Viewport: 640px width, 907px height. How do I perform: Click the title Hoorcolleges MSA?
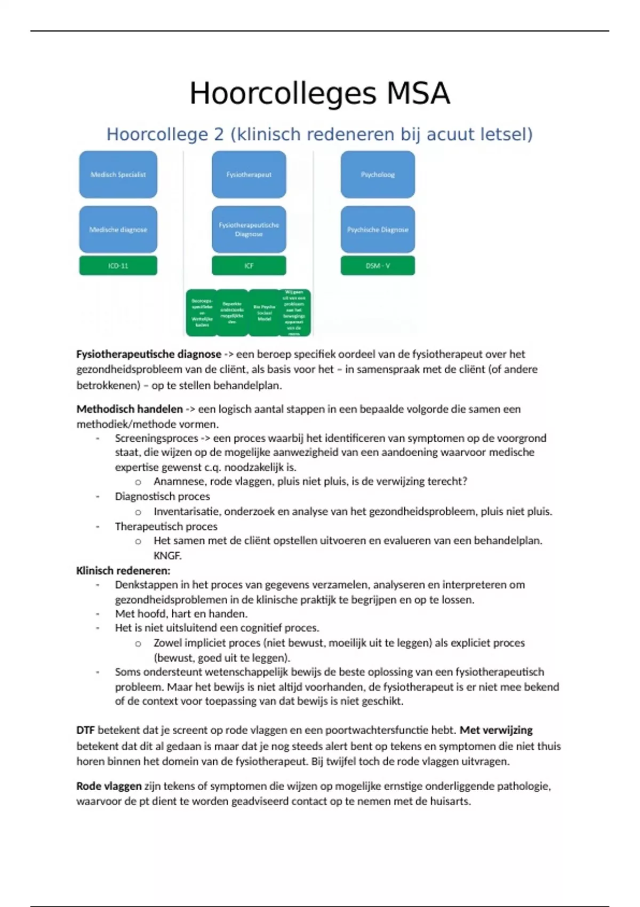[x=320, y=93]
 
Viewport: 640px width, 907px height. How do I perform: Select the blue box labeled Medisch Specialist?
[x=118, y=174]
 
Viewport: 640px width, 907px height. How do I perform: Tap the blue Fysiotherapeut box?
[x=249, y=174]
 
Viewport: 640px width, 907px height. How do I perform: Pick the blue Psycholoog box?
[x=378, y=174]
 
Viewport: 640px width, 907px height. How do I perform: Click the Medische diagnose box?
[x=118, y=229]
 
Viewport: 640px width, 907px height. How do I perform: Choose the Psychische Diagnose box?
[x=378, y=229]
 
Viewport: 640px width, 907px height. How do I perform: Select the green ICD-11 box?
[x=118, y=266]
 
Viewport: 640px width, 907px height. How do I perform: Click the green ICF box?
[x=249, y=266]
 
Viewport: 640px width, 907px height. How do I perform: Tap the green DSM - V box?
[x=378, y=266]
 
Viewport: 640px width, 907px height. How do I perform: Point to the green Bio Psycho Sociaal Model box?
[x=264, y=313]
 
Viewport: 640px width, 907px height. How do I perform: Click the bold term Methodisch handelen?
[x=130, y=409]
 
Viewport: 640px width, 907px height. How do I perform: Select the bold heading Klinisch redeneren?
[x=123, y=570]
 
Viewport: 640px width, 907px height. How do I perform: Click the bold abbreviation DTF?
[x=85, y=730]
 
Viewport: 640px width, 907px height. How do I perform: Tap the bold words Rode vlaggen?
[x=109, y=786]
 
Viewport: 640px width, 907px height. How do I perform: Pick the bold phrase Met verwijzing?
[x=496, y=730]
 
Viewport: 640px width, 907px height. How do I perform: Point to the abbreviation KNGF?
[x=167, y=555]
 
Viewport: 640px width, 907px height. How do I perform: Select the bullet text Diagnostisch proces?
[x=162, y=496]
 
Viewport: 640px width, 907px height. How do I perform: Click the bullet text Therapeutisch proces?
[x=166, y=526]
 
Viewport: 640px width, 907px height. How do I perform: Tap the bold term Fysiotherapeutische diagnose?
[x=148, y=354]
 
